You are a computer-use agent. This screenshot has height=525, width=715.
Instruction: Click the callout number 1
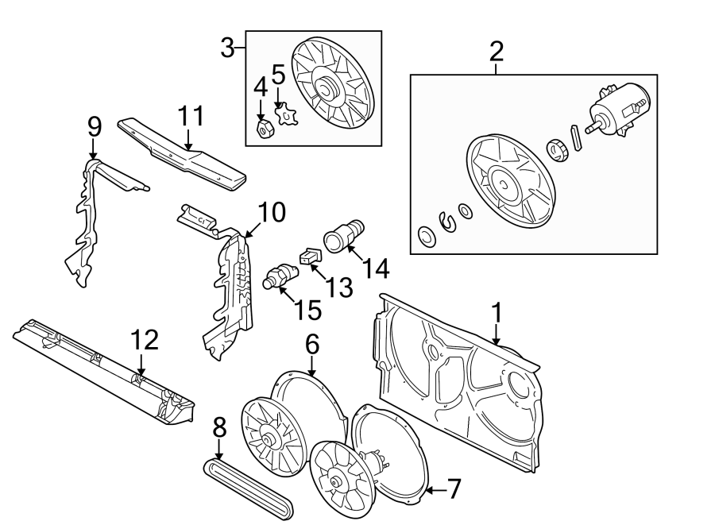[x=497, y=313]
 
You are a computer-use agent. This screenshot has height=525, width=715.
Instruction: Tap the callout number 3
[x=228, y=49]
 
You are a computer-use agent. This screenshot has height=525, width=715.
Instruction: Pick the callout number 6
[x=311, y=343]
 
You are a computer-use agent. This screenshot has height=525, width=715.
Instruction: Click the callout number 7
[x=454, y=489]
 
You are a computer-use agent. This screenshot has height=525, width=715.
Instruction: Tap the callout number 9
[x=94, y=125]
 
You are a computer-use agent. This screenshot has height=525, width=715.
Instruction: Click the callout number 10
[x=271, y=213]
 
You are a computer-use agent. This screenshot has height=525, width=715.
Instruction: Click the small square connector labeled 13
[x=309, y=256]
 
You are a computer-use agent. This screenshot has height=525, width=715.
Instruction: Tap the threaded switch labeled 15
[x=278, y=278]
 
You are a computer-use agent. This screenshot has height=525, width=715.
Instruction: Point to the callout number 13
[x=339, y=288]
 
